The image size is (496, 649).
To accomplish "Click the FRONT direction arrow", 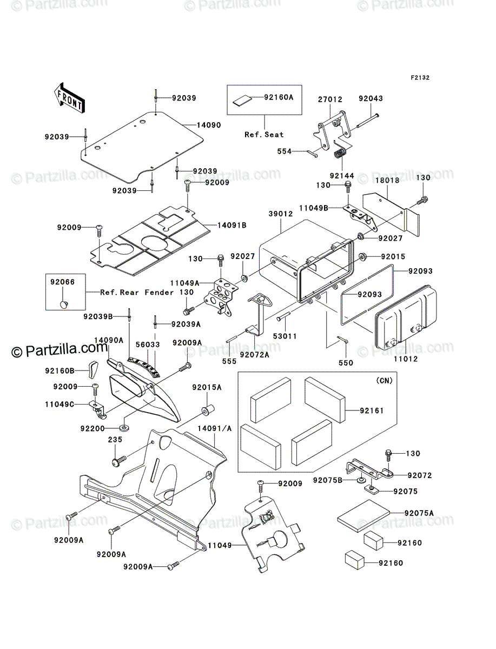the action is click(x=69, y=97).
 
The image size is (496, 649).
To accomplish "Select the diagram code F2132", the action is click(x=420, y=77).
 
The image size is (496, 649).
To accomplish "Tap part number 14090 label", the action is click(x=209, y=125).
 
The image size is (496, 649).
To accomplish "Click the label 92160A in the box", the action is click(x=279, y=97).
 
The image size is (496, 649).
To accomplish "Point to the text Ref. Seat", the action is click(x=264, y=135).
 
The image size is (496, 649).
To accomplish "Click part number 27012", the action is click(x=330, y=100).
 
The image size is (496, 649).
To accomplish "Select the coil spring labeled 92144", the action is click(x=339, y=154).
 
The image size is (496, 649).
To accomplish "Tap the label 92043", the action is click(x=371, y=98).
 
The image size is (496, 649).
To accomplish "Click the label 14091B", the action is click(x=232, y=226).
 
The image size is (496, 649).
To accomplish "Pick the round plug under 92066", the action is click(x=64, y=303).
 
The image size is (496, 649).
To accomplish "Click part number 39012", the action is click(x=281, y=214).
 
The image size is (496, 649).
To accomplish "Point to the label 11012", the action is click(x=406, y=359).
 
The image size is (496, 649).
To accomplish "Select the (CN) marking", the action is click(x=384, y=381).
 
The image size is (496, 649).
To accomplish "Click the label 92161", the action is click(x=372, y=410).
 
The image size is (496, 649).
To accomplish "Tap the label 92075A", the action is click(x=419, y=513).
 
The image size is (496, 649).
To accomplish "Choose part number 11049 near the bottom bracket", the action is click(x=220, y=545).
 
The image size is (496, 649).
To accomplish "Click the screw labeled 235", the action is click(x=119, y=461).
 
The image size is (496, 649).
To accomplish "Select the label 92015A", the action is click(x=207, y=387).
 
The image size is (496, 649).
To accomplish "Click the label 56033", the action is click(x=148, y=345).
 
